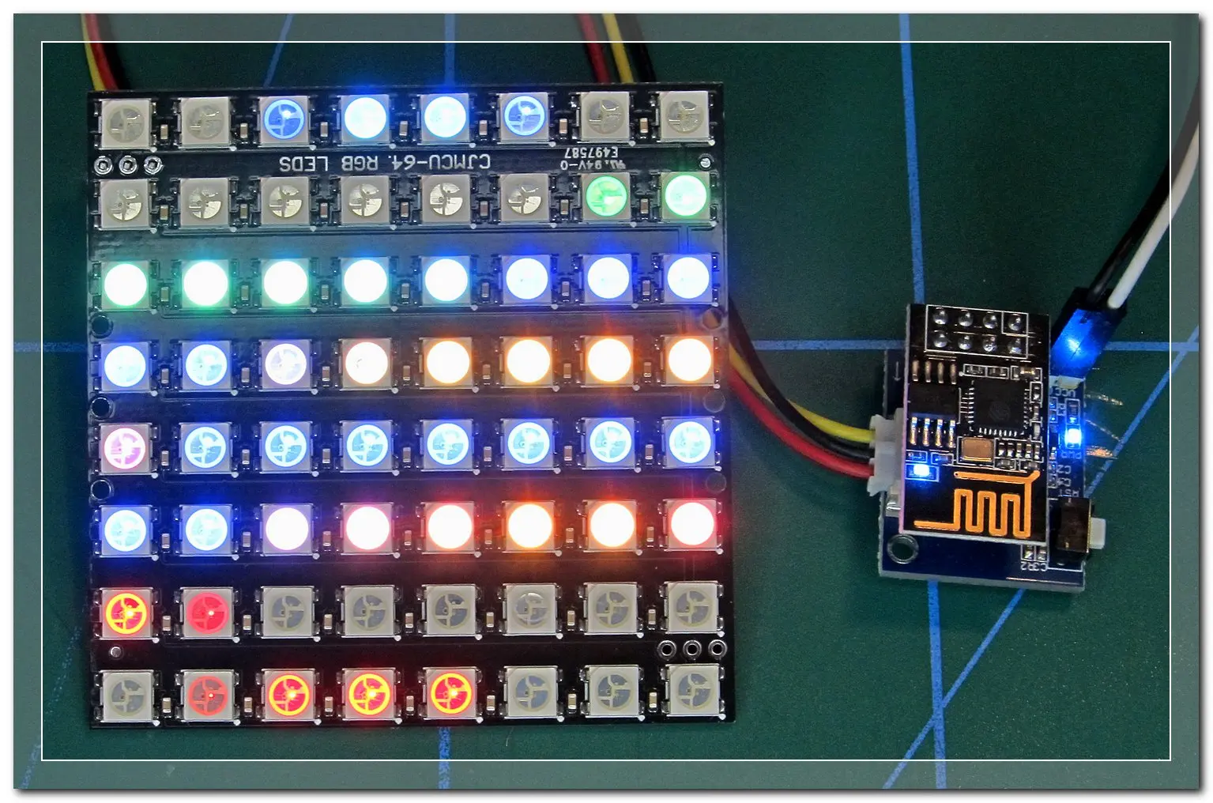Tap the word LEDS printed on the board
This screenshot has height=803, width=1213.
[303, 164]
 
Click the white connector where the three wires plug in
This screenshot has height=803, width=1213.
[883, 454]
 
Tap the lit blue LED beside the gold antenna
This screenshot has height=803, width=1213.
[920, 472]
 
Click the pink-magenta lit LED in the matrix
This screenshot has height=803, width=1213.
[126, 446]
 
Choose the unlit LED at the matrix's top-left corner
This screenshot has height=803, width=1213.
[126, 121]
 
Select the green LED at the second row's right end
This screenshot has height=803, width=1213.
[685, 195]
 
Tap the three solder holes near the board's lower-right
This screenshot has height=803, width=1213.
[691, 650]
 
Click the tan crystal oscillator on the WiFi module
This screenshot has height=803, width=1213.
[976, 451]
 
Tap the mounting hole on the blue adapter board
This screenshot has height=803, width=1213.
[899, 545]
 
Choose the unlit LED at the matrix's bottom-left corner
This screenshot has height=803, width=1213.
[126, 692]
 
